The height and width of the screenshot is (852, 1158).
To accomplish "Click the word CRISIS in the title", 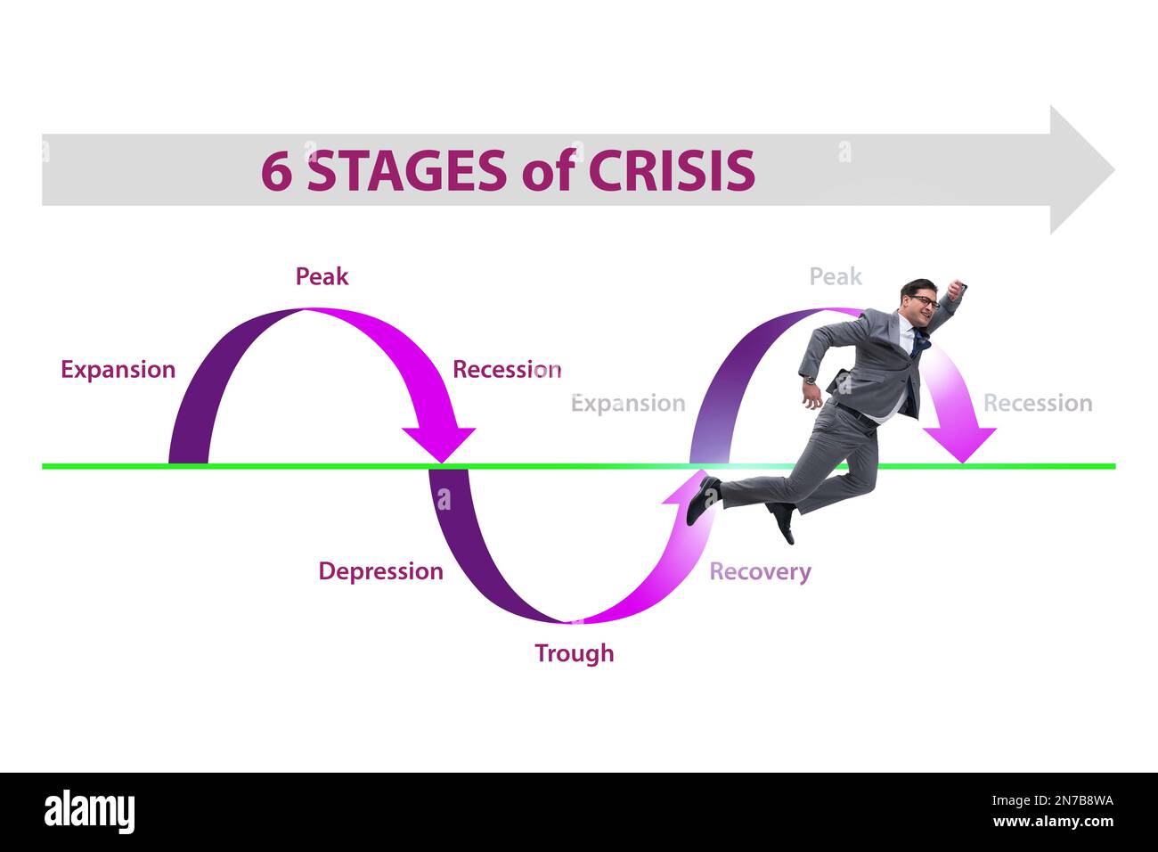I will pos(671,171).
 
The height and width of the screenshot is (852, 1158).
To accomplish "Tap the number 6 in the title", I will pos(276,171).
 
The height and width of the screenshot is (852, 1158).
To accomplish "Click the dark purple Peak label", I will pos(322,276).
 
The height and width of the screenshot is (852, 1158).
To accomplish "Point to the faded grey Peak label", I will pos(835,277).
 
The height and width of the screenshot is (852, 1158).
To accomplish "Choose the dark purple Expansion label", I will pos(118,370).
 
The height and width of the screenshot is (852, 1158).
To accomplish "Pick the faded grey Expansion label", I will pos(628,404).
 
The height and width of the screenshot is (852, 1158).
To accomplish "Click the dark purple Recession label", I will pos(506,370).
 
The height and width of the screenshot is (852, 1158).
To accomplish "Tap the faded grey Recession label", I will pos(1037,404).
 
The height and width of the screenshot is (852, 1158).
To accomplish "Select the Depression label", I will pos(380,571).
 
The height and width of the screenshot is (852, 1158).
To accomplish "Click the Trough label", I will pos(574,653).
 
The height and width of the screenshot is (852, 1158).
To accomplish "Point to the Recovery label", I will pos(760,571).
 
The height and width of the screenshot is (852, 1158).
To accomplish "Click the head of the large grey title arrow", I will pos(1080,169).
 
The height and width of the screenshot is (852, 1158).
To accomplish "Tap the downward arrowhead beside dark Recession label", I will pos(438,442).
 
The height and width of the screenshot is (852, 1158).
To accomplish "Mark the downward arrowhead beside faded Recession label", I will pos(959,442).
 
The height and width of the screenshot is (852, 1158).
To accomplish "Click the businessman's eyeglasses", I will pos(924,301).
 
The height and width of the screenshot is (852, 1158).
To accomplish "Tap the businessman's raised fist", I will pos(958,288).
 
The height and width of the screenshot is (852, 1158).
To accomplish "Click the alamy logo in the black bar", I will pos(89,812).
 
